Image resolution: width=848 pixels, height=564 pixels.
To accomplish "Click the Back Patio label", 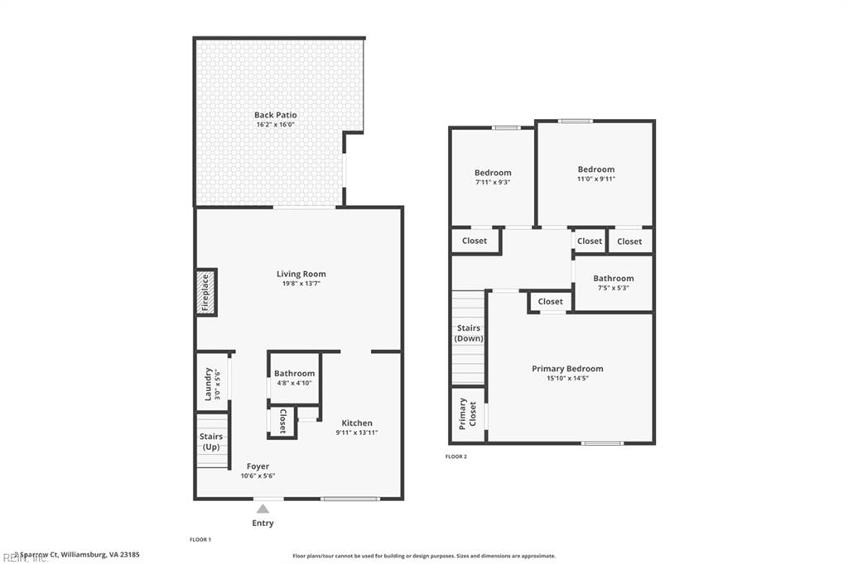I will tap(275, 115).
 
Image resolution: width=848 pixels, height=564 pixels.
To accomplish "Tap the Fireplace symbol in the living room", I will tap(205, 292).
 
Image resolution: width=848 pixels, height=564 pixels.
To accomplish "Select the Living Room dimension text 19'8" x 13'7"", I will tap(301, 284).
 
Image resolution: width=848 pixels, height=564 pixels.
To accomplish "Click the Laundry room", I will tap(211, 382).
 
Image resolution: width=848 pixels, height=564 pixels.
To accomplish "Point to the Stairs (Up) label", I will tap(210, 442).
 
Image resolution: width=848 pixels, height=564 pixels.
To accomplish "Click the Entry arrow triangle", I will tap(263, 509).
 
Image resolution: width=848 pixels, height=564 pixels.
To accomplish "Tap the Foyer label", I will tap(258, 466).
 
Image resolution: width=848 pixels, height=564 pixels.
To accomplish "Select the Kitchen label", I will tap(357, 423).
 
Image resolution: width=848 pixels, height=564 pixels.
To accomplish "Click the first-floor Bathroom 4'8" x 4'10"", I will tap(294, 377).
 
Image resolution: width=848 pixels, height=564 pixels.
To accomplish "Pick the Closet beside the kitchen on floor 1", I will tap(282, 421).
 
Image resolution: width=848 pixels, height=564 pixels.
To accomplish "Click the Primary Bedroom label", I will tap(567, 369).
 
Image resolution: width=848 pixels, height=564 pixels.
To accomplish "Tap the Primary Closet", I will tap(468, 414).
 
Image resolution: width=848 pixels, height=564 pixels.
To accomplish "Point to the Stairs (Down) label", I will tap(469, 333).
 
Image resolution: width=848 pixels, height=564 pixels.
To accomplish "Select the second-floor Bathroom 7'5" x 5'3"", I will tap(613, 283).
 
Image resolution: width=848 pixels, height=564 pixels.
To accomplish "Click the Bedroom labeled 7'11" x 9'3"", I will tap(493, 177).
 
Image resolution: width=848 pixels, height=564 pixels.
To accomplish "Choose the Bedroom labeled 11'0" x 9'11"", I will tap(596, 174).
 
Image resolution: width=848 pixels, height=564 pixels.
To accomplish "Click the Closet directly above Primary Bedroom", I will tap(550, 302).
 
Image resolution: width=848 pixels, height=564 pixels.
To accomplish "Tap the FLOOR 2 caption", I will tap(456, 456).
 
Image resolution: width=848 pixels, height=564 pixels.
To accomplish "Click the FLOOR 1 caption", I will tap(200, 539).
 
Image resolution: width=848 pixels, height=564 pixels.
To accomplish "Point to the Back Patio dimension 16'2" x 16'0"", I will tap(275, 125).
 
